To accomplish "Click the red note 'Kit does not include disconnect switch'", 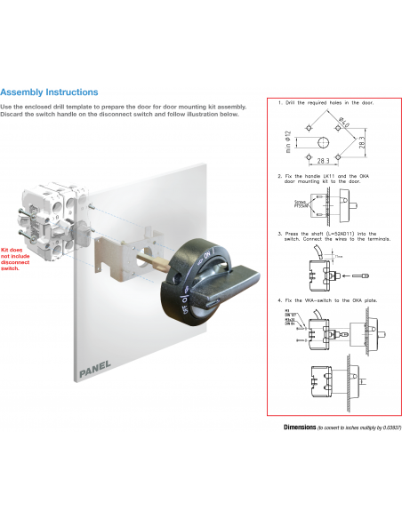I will (x=16, y=259).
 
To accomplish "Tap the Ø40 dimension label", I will (x=342, y=122).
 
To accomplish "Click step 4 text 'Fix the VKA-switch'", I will (x=326, y=299).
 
